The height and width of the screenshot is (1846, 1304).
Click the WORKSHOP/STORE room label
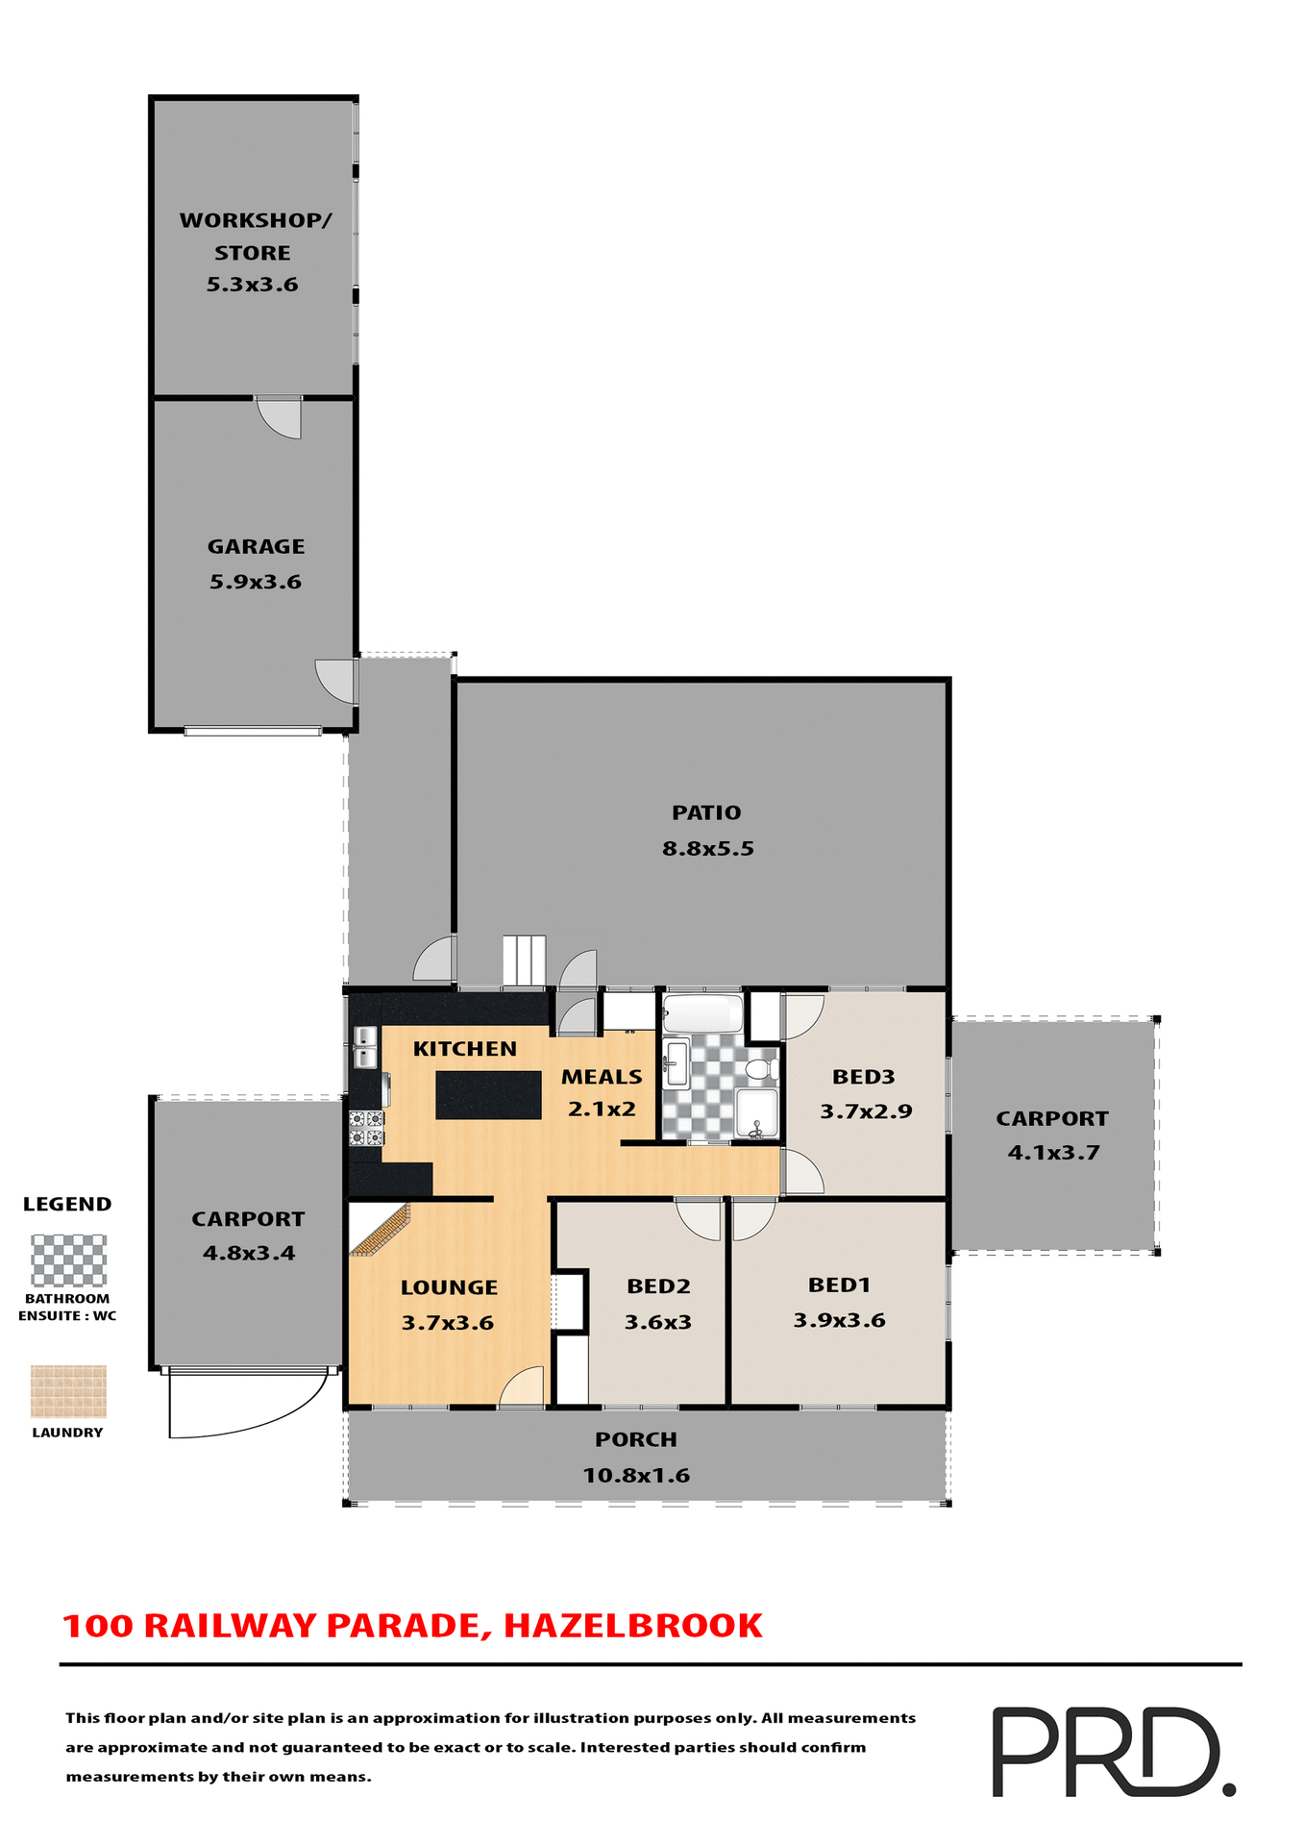(x=255, y=236)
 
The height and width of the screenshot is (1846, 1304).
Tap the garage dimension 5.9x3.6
(x=256, y=582)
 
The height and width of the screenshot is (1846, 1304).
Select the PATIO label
(x=706, y=812)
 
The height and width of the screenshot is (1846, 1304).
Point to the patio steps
(x=524, y=960)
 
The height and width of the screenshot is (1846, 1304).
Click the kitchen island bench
(x=488, y=1094)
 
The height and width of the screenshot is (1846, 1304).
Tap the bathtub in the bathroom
(x=703, y=1013)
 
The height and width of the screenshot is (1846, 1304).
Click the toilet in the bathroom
(x=760, y=1068)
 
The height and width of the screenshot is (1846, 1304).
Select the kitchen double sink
(x=365, y=1047)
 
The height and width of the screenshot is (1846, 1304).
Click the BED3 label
(x=864, y=1077)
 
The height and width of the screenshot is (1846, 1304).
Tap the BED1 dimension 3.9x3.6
(x=839, y=1320)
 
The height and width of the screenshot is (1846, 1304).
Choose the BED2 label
(x=658, y=1286)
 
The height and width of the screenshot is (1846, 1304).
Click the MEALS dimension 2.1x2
(x=602, y=1109)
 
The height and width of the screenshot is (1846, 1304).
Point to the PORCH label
(x=636, y=1439)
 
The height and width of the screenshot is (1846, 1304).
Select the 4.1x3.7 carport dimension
(x=1053, y=1152)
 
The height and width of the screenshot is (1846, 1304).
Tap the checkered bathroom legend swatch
(x=68, y=1260)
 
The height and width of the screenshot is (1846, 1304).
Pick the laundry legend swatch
(x=68, y=1391)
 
